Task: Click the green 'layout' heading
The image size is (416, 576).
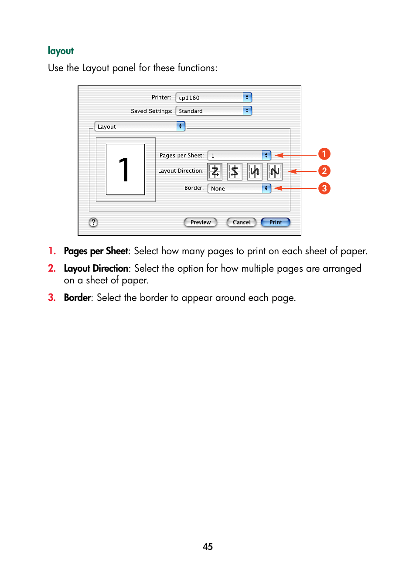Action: [x=61, y=51]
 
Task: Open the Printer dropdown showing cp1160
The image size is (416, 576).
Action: [x=214, y=98]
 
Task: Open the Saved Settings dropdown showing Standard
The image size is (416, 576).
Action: [x=214, y=111]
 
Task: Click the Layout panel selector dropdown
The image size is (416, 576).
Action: [x=140, y=126]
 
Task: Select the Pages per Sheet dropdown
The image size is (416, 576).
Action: [x=239, y=156]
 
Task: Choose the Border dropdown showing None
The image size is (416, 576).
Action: [x=239, y=188]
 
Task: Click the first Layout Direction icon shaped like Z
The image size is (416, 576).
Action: [x=215, y=171]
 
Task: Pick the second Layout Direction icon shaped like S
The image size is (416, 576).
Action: [x=235, y=171]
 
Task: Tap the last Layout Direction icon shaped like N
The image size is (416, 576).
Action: [x=275, y=171]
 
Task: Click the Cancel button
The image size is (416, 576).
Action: [x=242, y=222]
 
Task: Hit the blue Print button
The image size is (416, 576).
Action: [x=276, y=222]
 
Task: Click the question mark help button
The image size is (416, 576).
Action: [x=93, y=222]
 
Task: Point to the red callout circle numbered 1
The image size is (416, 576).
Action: [x=324, y=154]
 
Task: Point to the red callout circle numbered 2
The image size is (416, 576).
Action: [x=324, y=171]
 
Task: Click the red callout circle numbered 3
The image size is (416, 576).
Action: [x=324, y=188]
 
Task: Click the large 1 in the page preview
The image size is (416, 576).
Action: [x=125, y=170]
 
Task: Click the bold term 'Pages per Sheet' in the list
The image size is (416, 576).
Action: [x=96, y=251]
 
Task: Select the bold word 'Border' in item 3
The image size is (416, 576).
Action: [x=78, y=298]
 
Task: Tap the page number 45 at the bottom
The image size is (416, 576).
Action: [x=208, y=547]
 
